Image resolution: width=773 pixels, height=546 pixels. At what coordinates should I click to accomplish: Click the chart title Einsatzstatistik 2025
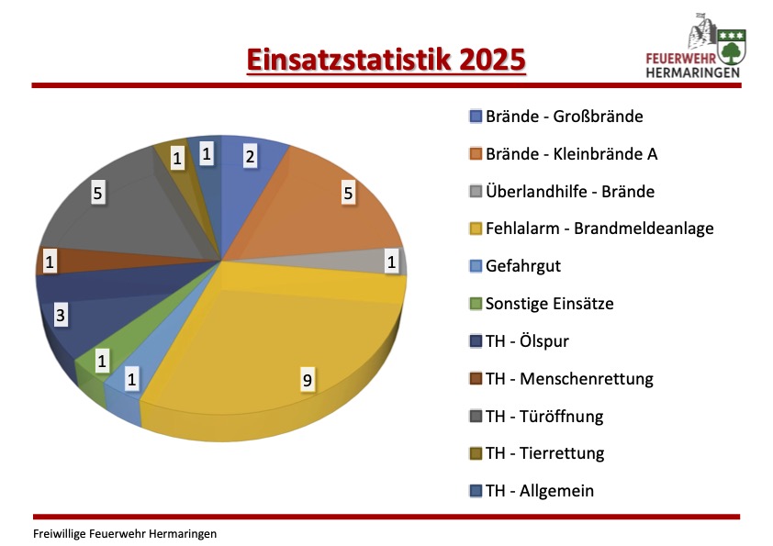(386, 61)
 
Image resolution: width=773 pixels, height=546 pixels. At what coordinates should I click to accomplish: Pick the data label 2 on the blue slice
(250, 156)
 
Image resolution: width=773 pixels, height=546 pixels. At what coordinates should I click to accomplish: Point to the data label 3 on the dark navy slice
(61, 315)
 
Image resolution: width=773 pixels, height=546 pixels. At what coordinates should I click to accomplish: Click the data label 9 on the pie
(308, 380)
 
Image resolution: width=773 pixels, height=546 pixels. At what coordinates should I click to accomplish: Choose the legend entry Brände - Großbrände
(556, 117)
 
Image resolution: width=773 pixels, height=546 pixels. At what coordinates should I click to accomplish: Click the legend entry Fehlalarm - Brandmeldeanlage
(591, 228)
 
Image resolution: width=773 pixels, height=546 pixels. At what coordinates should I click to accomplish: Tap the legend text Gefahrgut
(523, 266)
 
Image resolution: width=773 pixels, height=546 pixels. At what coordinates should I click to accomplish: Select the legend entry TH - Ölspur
(519, 341)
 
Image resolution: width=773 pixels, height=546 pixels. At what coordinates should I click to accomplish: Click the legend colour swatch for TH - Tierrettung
(476, 454)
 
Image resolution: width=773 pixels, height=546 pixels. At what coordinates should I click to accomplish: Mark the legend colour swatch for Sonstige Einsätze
(476, 304)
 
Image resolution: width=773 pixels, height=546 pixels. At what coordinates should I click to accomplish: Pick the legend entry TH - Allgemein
(532, 491)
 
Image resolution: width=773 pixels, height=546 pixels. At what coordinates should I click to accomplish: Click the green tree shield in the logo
(732, 47)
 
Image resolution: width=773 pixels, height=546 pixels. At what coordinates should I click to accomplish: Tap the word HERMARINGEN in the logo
(692, 72)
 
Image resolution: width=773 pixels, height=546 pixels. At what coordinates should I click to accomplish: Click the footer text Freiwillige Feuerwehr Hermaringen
(125, 534)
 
